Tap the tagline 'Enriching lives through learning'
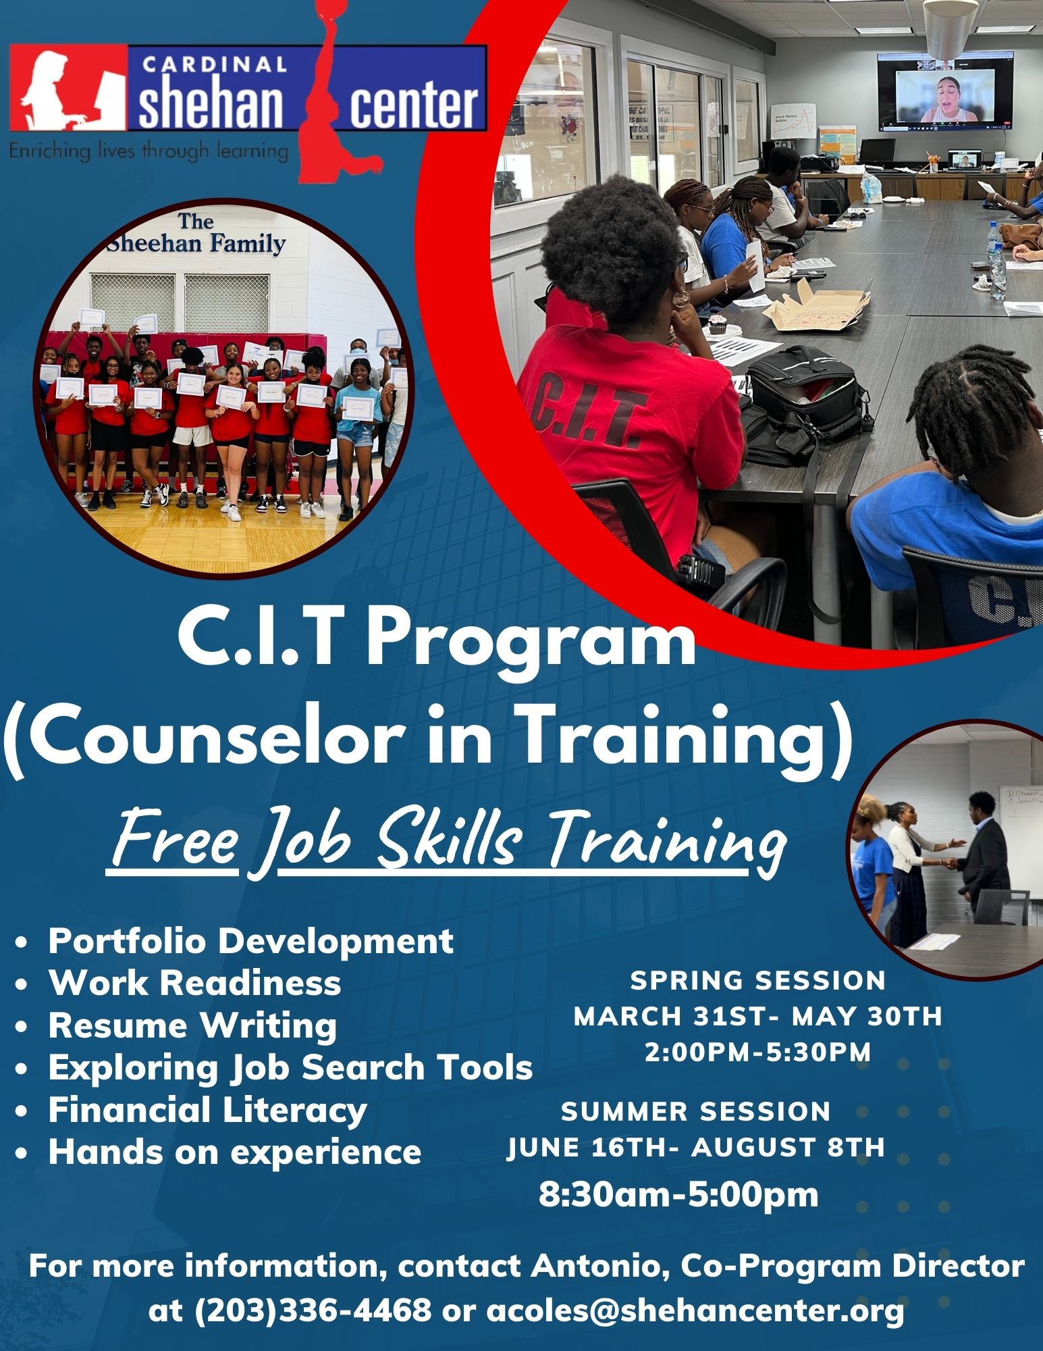tap(149, 150)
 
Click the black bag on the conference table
tap(803, 399)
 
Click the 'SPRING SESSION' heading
tap(757, 981)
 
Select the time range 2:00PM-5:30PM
tap(757, 1052)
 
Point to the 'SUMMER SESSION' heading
tap(695, 1112)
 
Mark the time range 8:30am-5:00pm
tap(678, 1194)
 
